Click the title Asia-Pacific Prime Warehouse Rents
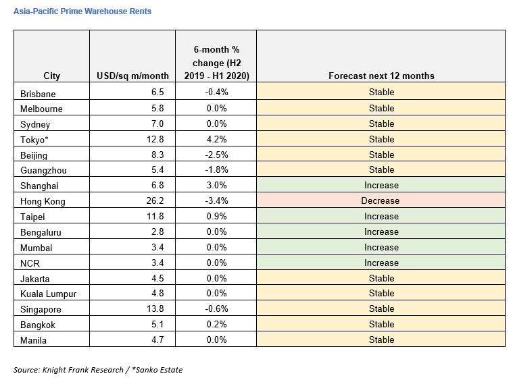coord(82,11)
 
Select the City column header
coord(51,76)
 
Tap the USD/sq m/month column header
coord(132,76)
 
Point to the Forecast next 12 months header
coord(381,76)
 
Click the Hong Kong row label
coord(43,201)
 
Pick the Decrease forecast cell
coord(380,200)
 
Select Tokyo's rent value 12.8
coord(155,139)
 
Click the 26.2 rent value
coord(155,200)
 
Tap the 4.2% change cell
coord(216,139)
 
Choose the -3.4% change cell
coord(216,200)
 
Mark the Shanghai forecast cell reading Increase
coord(381,185)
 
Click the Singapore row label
coord(41,309)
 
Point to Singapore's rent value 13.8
coord(155,308)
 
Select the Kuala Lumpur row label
coord(48,294)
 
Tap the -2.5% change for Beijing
coord(216,155)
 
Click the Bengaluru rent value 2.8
coord(157,232)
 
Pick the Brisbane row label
coord(38,94)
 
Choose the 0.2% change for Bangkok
coord(216,324)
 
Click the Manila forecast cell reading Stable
coord(381,340)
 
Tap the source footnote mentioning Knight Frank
coord(98,370)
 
